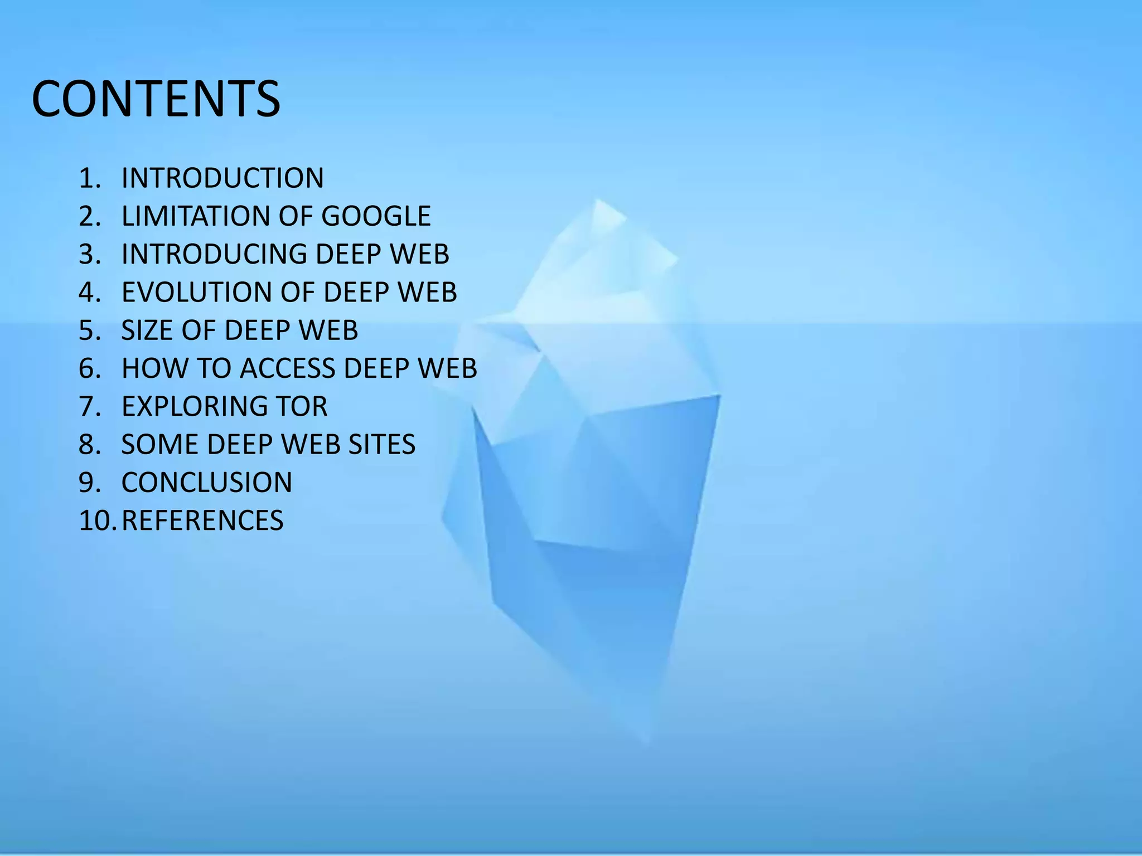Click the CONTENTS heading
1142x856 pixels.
pyautogui.click(x=156, y=99)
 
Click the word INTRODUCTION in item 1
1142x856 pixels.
pyautogui.click(x=222, y=178)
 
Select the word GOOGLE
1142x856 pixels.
pyautogui.click(x=376, y=216)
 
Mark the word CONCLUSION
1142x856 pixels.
pyautogui.click(x=207, y=483)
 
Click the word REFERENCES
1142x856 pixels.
pyautogui.click(x=202, y=521)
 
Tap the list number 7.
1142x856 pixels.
pyautogui.click(x=89, y=406)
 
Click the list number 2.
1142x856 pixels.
pyautogui.click(x=89, y=216)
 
